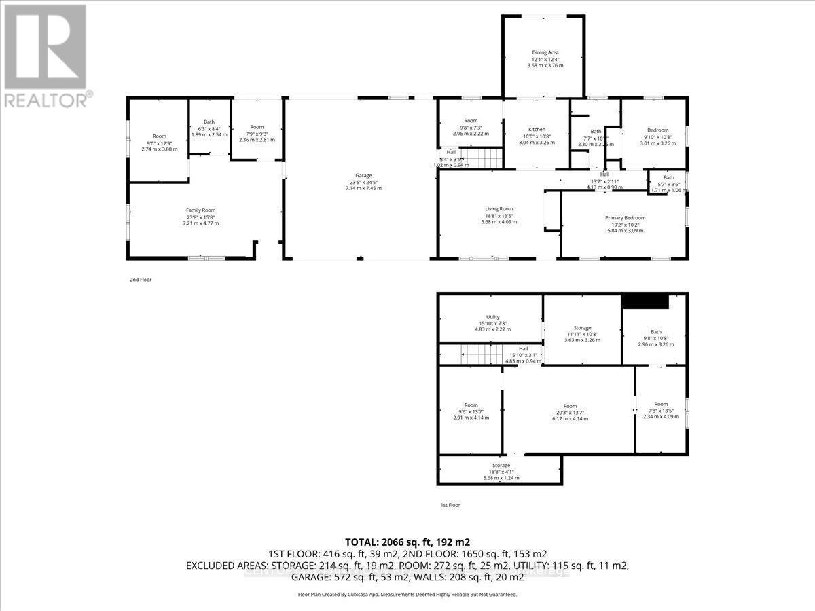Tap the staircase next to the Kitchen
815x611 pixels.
coord(484,160)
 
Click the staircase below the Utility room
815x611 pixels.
coord(475,354)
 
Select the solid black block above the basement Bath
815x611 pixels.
coord(646,301)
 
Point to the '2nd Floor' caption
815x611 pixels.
coord(141,279)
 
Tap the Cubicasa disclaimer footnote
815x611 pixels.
coord(407,594)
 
